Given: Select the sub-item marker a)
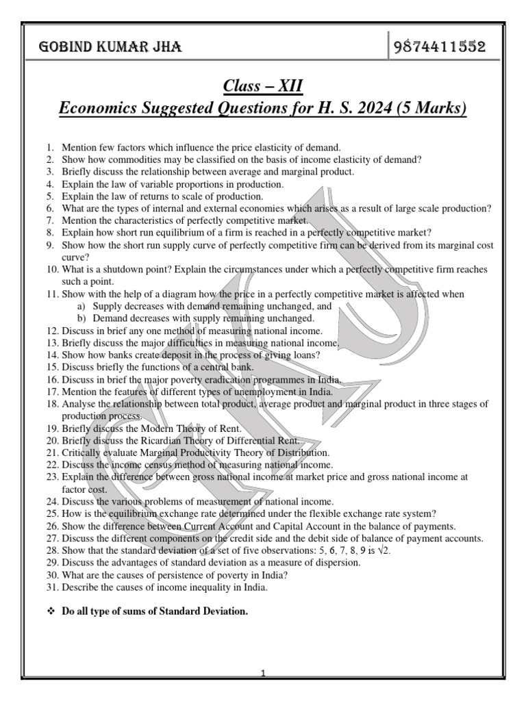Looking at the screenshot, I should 81,306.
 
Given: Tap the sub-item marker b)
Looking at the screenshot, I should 81,318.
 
